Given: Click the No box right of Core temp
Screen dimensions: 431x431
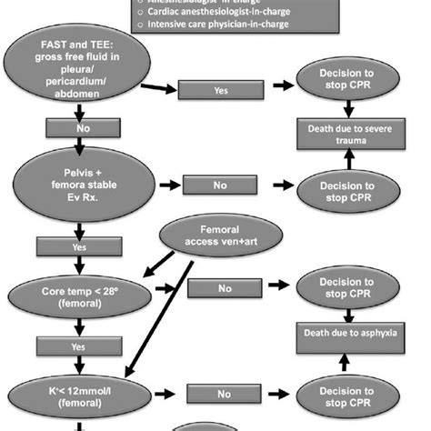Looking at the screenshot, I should [x=224, y=290].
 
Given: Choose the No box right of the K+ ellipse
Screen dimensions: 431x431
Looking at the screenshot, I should [x=224, y=396].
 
